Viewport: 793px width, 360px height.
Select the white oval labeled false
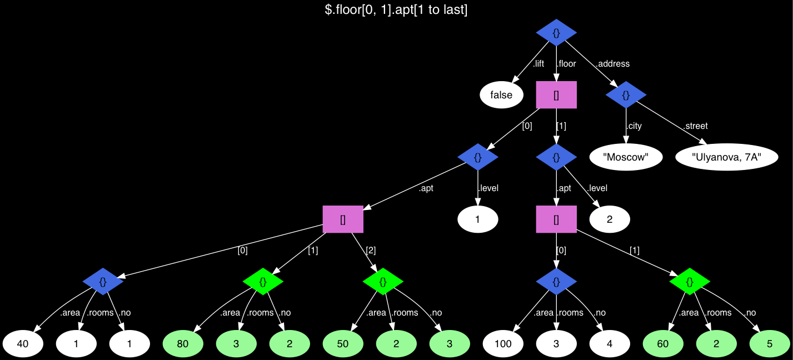point(501,95)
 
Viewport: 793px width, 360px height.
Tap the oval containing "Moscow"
point(626,157)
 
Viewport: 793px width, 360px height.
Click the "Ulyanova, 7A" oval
point(726,157)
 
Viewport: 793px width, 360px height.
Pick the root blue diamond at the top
point(556,33)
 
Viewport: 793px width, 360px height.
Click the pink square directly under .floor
point(556,95)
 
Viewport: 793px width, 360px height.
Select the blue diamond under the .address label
point(626,95)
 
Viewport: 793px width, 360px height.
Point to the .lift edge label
point(538,64)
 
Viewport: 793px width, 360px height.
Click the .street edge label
point(696,126)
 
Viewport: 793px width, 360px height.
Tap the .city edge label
point(634,126)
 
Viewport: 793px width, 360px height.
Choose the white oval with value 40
point(23,344)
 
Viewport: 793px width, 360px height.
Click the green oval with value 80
point(183,344)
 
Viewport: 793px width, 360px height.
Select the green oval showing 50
point(343,344)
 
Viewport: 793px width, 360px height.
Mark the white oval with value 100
point(503,344)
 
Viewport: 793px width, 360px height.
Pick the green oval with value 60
point(663,344)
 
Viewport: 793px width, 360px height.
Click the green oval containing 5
point(770,344)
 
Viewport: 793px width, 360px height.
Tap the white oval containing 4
point(610,344)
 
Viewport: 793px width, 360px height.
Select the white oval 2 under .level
point(610,219)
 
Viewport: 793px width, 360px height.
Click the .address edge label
point(612,64)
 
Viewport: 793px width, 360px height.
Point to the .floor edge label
point(566,64)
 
